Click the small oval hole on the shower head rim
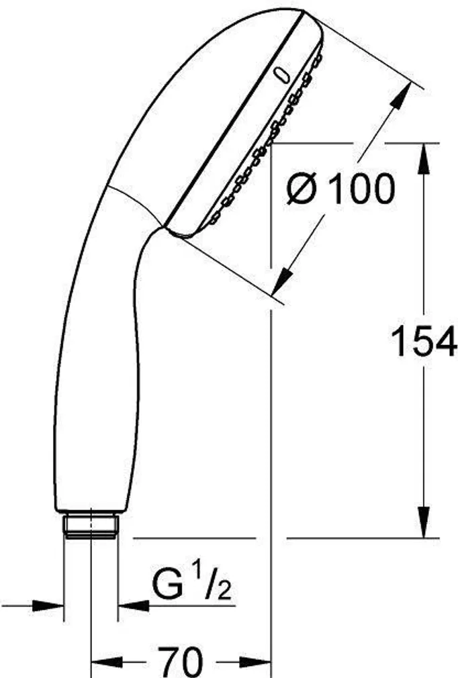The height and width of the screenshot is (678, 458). click(x=281, y=75)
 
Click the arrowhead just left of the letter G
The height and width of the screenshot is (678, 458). click(x=130, y=606)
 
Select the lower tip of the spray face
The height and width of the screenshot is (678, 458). click(x=185, y=235)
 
